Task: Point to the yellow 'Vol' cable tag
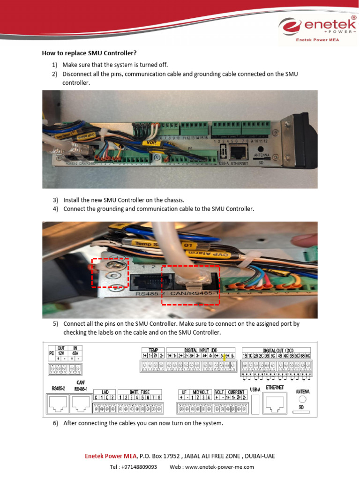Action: click(151, 142)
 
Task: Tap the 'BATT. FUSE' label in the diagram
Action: click(139, 392)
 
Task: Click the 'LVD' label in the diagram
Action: click(105, 392)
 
